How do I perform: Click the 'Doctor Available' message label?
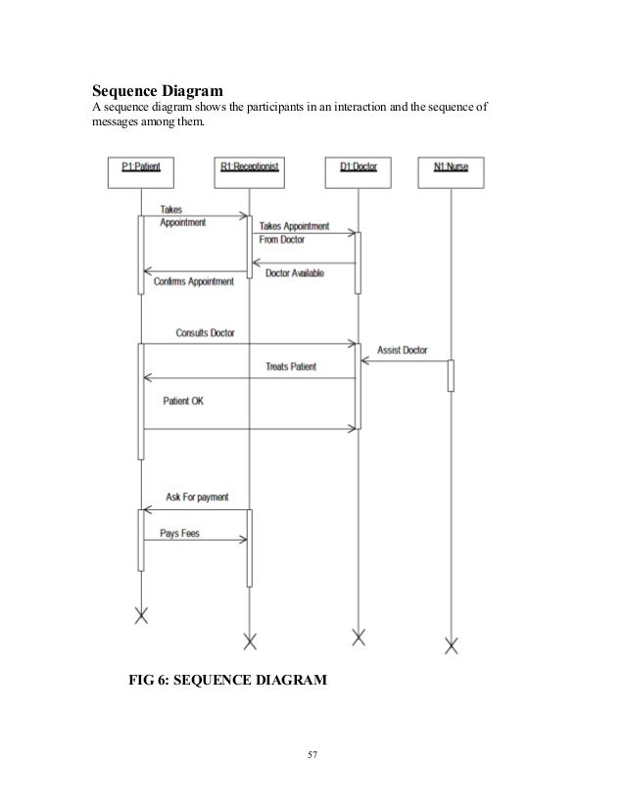pos(295,273)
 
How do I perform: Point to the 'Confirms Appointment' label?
pos(194,282)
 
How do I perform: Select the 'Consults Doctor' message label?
pos(205,333)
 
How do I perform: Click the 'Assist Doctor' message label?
pos(402,350)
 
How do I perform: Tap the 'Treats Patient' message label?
pos(291,367)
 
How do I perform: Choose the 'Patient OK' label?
pos(183,402)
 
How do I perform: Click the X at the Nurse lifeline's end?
pos(451,644)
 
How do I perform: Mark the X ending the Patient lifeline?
pos(141,615)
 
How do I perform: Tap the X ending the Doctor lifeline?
pos(358,639)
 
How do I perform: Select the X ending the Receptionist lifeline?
pos(249,642)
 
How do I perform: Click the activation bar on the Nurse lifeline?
pos(451,375)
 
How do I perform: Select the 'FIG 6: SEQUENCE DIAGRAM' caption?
pos(226,678)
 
